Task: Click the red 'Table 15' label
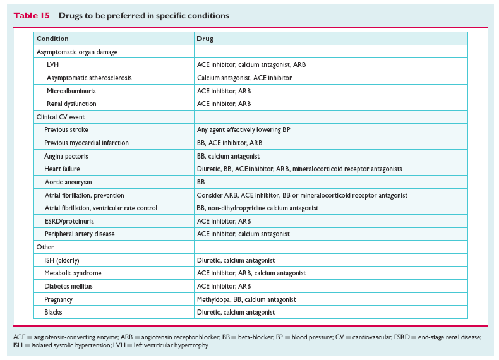32,16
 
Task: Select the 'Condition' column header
52,39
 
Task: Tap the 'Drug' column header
205,39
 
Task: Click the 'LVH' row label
52,64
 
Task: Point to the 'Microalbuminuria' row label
71,91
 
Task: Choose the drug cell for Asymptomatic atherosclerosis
244,78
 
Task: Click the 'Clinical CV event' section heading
61,117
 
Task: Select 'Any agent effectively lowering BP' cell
243,130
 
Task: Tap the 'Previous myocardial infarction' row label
87,143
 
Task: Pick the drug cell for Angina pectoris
228,156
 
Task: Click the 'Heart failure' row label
62,169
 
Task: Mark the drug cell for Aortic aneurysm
201,182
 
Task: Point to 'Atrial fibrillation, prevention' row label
85,195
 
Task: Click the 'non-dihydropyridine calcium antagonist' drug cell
258,208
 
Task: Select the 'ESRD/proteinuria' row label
69,221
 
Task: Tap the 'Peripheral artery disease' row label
80,234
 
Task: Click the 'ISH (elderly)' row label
62,260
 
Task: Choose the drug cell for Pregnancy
246,299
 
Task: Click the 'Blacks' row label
53,312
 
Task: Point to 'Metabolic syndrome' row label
73,273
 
